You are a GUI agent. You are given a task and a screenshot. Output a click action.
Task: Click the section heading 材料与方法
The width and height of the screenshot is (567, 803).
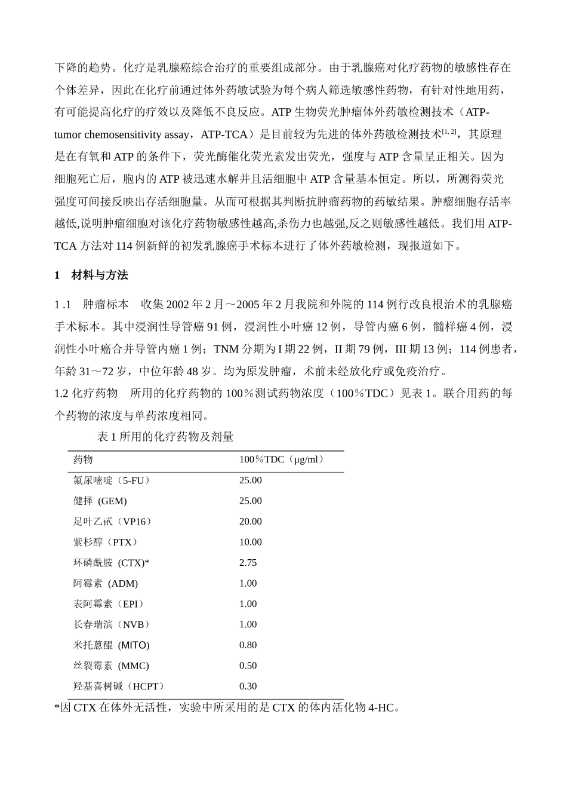pyautogui.click(x=99, y=275)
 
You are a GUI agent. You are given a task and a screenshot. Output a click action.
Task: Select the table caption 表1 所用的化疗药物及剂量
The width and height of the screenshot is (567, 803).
pyautogui.click(x=165, y=437)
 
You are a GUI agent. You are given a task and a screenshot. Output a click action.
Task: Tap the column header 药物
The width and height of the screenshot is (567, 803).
pyautogui.click(x=83, y=459)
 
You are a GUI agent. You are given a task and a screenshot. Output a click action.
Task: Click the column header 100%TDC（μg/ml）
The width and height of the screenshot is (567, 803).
pyautogui.click(x=282, y=459)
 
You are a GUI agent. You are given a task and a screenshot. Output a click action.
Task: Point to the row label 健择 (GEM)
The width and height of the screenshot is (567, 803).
pyautogui.click(x=100, y=501)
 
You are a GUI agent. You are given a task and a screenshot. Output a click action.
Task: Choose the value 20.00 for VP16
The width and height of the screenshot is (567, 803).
pyautogui.click(x=251, y=522)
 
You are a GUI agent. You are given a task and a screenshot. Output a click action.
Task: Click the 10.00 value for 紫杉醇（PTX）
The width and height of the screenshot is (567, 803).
pyautogui.click(x=251, y=543)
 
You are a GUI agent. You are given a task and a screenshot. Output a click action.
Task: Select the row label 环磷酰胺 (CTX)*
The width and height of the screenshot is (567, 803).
pyautogui.click(x=111, y=563)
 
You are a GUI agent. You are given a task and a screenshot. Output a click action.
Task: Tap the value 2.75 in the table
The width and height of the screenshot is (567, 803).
pyautogui.click(x=248, y=563)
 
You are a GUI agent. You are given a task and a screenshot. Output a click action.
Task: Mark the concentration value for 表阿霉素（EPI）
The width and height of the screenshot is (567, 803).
pyautogui.click(x=248, y=604)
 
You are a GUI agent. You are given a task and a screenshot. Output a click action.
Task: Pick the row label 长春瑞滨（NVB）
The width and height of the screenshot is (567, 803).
pyautogui.click(x=112, y=625)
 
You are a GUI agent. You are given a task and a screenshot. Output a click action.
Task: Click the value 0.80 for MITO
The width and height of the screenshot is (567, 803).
pyautogui.click(x=248, y=645)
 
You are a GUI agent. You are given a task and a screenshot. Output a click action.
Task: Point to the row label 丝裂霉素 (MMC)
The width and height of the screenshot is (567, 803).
pyautogui.click(x=111, y=666)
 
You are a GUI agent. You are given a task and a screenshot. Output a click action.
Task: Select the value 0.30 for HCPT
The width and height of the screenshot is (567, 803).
pyautogui.click(x=248, y=686)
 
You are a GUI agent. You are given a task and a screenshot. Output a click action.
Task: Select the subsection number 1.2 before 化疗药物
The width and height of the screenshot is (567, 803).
pyautogui.click(x=61, y=394)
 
